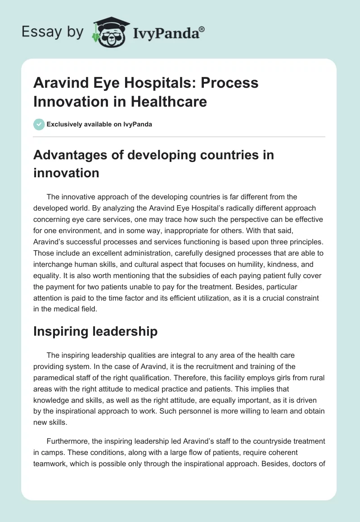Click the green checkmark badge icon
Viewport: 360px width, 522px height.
[39, 124]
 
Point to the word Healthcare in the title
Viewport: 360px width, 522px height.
[169, 101]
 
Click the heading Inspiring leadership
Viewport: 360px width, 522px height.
[95, 332]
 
